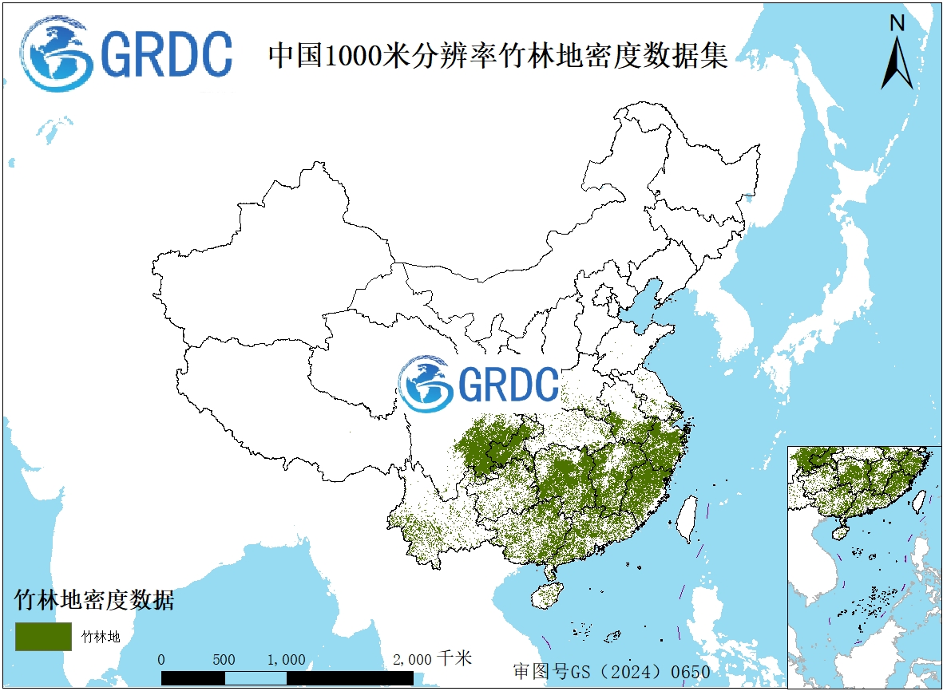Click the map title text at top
[497, 56]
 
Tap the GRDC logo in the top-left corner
[126, 54]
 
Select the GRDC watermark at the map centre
[477, 384]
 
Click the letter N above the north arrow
[897, 23]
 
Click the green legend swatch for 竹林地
[43, 636]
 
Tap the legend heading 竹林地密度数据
[94, 600]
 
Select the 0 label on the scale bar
[162, 660]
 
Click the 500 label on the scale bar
[224, 660]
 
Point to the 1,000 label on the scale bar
[286, 660]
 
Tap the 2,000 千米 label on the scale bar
[432, 659]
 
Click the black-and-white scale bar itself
[287, 677]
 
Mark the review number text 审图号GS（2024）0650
[612, 672]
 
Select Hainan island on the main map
[547, 593]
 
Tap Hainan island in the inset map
[840, 530]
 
